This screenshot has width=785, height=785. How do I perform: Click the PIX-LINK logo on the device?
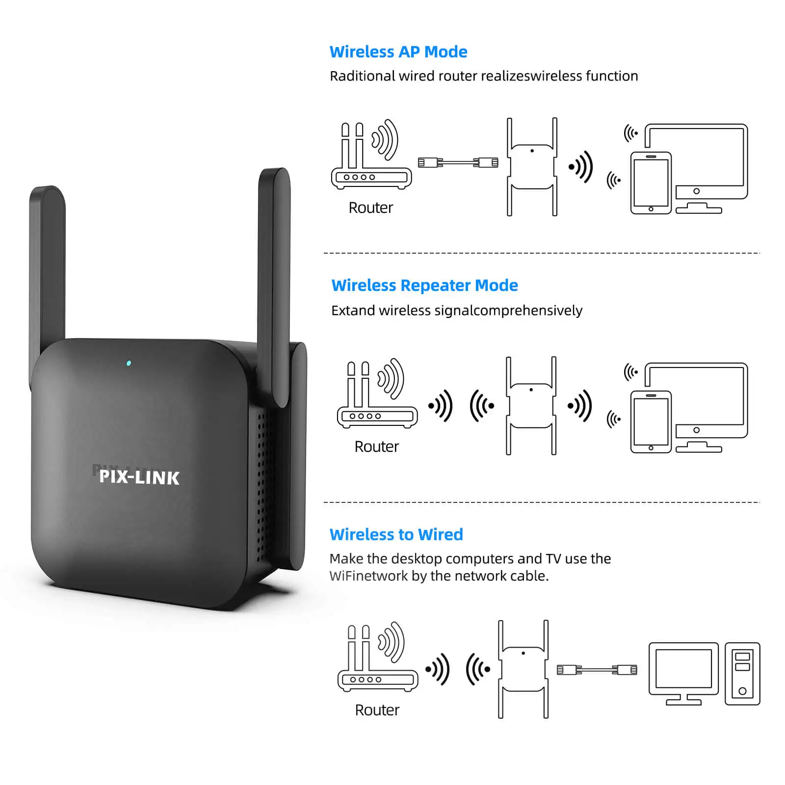point(139,477)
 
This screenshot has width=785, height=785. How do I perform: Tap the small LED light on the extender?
point(129,363)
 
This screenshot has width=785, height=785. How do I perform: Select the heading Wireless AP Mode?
point(398,52)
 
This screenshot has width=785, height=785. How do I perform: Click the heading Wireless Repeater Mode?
point(424,285)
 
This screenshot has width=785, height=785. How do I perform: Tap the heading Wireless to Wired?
point(396,534)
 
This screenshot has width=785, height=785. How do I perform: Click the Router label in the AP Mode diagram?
point(370,208)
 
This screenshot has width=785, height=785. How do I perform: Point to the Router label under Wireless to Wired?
point(377,710)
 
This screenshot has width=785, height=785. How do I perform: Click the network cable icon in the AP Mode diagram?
point(458,162)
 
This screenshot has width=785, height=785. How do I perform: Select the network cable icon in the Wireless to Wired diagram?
point(597,670)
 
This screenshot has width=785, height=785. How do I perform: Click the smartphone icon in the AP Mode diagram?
point(651,183)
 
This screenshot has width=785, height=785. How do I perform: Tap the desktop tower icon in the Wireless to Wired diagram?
point(742,674)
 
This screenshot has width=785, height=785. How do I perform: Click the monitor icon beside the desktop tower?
point(683,672)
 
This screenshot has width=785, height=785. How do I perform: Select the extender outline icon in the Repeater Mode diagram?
point(531,406)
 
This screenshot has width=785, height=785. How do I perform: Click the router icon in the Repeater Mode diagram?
point(377,397)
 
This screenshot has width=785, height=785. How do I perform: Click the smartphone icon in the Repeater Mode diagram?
point(651,422)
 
